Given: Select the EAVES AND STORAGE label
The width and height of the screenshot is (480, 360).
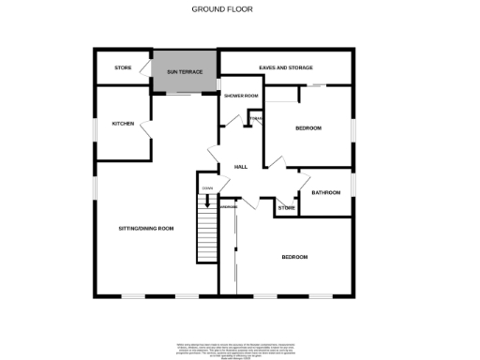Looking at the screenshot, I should pyautogui.click(x=286, y=67).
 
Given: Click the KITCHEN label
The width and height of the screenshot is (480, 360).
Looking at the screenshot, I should pyautogui.click(x=123, y=124).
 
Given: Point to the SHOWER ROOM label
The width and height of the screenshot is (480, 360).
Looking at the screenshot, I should pyautogui.click(x=240, y=97).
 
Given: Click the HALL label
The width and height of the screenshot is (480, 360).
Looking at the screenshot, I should pyautogui.click(x=240, y=167).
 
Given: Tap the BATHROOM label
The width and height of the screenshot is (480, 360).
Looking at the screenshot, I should pyautogui.click(x=325, y=192).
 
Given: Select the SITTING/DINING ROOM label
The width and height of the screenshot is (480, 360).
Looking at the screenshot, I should pyautogui.click(x=145, y=229).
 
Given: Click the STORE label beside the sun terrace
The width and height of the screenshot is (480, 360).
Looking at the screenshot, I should pyautogui.click(x=123, y=68).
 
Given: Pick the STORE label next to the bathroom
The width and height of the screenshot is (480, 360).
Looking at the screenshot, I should pyautogui.click(x=287, y=207).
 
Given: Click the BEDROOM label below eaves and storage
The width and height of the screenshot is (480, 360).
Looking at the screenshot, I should pyautogui.click(x=308, y=127).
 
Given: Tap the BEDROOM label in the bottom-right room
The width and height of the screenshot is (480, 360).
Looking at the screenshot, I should pyautogui.click(x=294, y=256).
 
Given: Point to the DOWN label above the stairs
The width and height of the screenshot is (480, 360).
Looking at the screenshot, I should pyautogui.click(x=206, y=189).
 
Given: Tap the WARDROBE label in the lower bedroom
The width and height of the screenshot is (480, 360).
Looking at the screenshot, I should pyautogui.click(x=228, y=206).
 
